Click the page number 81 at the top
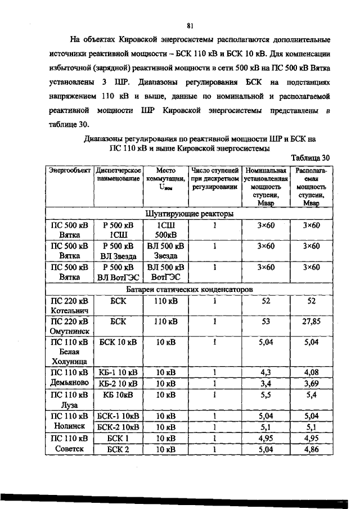point(190,25)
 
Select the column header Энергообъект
point(69,170)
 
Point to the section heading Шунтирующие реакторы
point(190,214)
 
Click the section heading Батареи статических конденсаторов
point(190,289)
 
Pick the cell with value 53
point(266,321)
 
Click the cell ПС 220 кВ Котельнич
point(69,305)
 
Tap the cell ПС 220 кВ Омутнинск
point(69,326)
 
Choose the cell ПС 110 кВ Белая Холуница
point(69,352)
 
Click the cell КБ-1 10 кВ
point(119,372)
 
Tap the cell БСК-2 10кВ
point(119,427)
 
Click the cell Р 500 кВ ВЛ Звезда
point(119,251)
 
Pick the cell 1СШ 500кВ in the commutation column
point(166,229)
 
